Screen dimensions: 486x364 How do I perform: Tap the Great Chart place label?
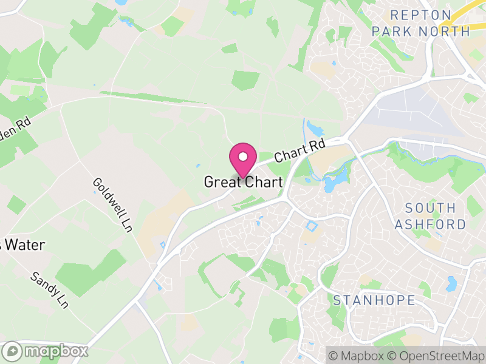[242, 182]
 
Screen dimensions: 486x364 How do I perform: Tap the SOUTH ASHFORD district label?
[430, 216]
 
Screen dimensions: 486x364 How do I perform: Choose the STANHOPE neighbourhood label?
[374, 300]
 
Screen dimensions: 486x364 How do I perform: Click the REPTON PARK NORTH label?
[421, 22]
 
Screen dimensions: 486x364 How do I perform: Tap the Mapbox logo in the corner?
[46, 351]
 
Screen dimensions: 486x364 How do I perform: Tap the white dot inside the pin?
[242, 157]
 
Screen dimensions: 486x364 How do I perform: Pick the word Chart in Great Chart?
[263, 182]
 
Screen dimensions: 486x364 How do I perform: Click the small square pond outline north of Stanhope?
[312, 227]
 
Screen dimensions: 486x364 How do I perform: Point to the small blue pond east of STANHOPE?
[451, 284]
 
